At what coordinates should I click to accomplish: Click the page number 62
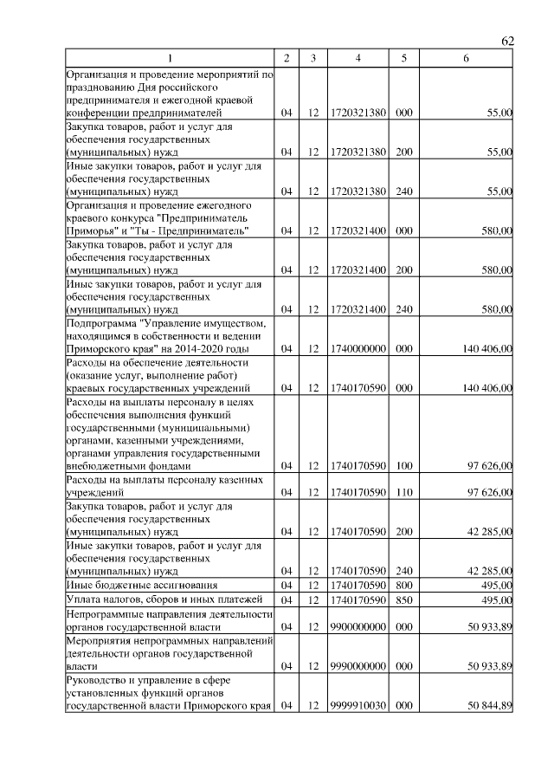(507, 42)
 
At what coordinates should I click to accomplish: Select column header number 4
(358, 58)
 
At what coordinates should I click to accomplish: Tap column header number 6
(466, 58)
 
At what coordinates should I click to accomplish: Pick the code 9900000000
(358, 626)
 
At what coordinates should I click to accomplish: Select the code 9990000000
(358, 666)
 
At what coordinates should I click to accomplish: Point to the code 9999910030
(358, 706)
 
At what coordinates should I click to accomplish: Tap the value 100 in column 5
(403, 465)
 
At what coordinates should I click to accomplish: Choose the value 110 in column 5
(403, 493)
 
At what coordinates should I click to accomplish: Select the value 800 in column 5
(403, 586)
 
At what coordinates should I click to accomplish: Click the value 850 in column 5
(403, 599)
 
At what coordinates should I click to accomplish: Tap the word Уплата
(85, 599)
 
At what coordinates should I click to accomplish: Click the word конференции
(100, 113)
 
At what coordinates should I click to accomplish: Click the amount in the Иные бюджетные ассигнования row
(497, 586)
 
